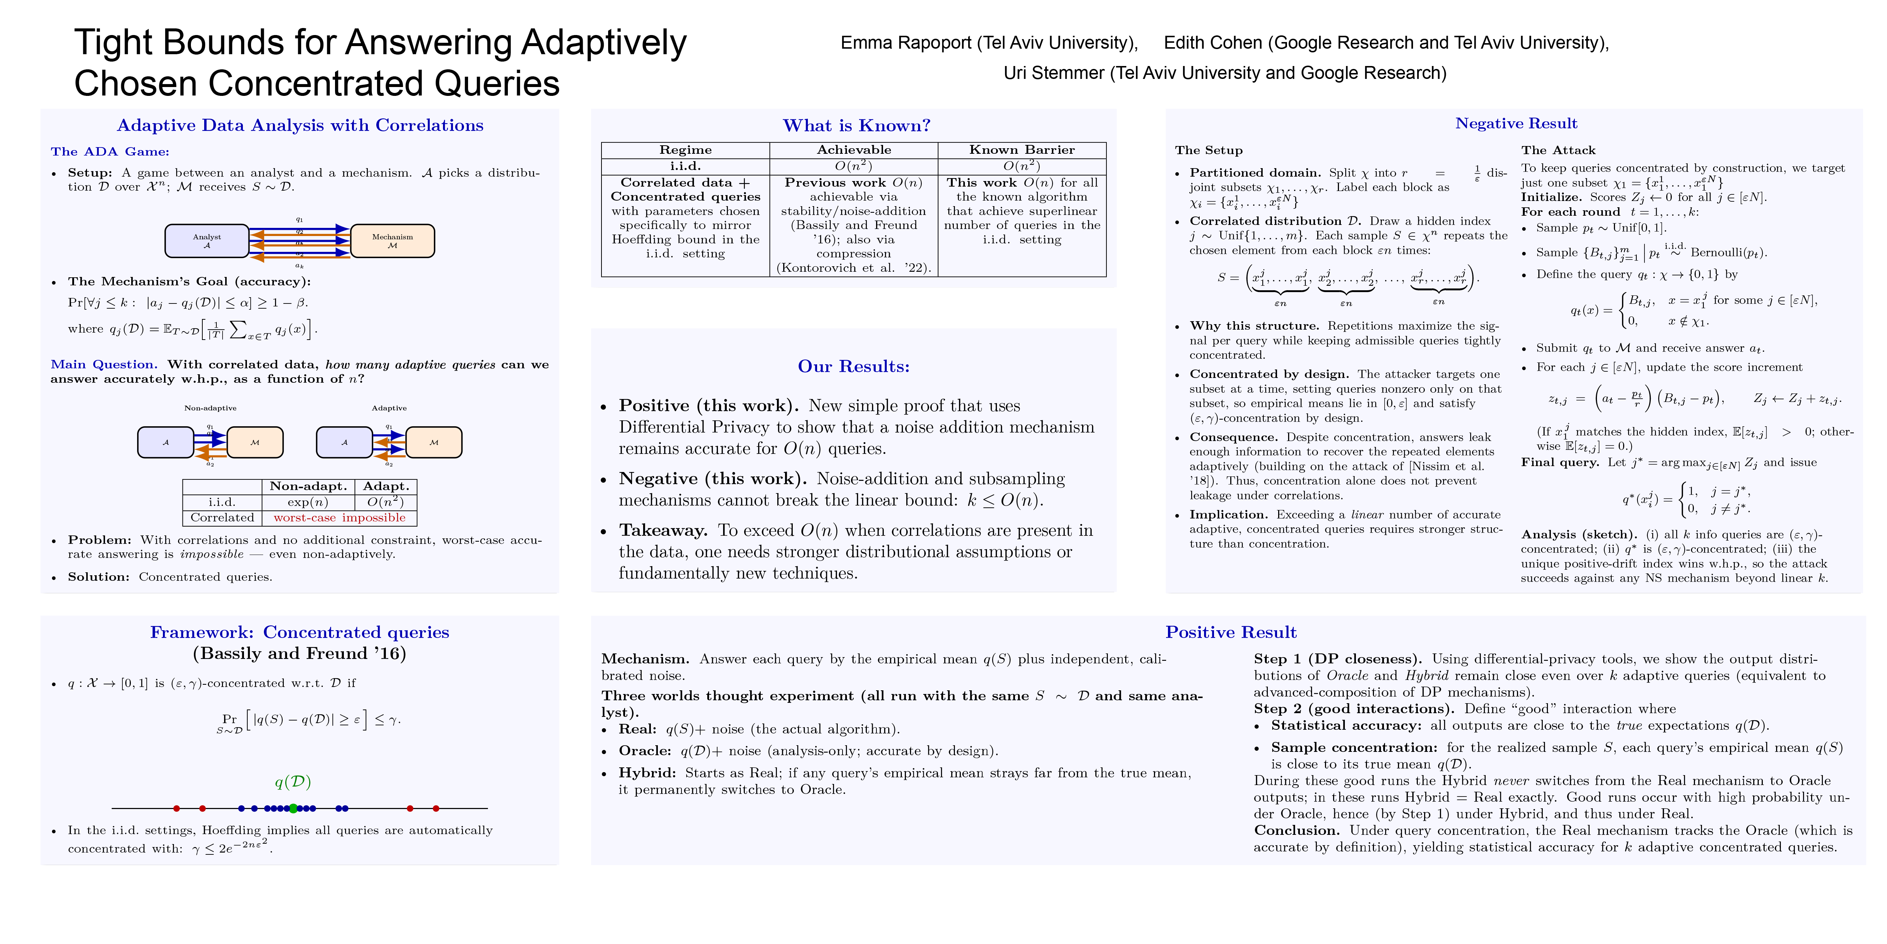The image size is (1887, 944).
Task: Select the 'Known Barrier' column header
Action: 1022,149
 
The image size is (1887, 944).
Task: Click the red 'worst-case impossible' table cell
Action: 339,517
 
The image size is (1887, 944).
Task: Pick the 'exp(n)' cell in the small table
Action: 308,502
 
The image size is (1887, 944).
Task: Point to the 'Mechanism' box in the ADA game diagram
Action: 393,240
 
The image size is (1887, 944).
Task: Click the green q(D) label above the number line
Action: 293,782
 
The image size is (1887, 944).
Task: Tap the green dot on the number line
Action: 293,808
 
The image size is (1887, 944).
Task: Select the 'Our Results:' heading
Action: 854,367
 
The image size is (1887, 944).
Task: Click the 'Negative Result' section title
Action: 1515,123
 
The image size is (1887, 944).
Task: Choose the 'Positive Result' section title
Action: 1231,632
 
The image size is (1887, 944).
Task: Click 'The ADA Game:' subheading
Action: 110,152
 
